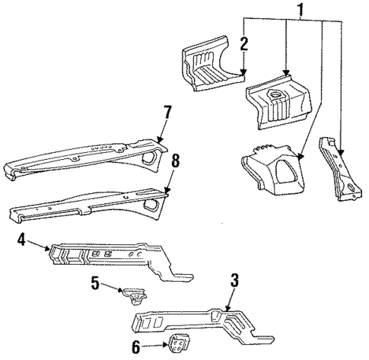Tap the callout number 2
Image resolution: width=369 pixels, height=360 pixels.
pyautogui.click(x=243, y=43)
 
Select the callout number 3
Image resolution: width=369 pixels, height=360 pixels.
pyautogui.click(x=235, y=280)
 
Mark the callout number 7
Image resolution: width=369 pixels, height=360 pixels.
pyautogui.click(x=167, y=113)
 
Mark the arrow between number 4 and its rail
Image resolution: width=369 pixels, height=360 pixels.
pyautogui.click(x=40, y=245)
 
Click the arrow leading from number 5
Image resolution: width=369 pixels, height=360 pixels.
pyautogui.click(x=110, y=287)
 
